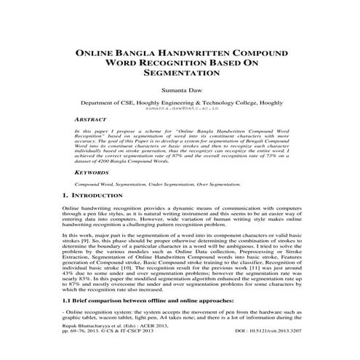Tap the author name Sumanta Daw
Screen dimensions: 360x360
click(x=180, y=91)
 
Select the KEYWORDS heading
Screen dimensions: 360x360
click(x=92, y=173)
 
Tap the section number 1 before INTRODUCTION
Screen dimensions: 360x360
click(x=57, y=196)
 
